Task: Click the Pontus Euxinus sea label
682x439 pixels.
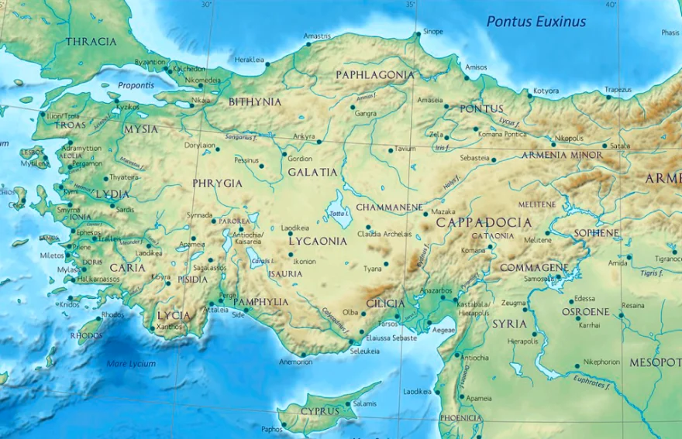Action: (x=536, y=21)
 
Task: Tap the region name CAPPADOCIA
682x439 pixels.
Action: (x=484, y=222)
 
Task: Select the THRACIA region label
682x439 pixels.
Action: (x=91, y=42)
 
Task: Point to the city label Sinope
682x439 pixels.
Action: (x=433, y=32)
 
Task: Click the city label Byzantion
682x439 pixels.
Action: (x=150, y=62)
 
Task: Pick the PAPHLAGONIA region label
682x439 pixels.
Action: (x=374, y=75)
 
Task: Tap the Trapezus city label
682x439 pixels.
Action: (x=618, y=90)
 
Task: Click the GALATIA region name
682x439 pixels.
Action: (x=313, y=172)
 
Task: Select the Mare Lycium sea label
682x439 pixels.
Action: (x=131, y=363)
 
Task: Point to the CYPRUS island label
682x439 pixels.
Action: (x=320, y=410)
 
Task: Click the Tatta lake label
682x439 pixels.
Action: (x=338, y=214)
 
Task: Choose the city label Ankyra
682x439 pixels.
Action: (x=304, y=137)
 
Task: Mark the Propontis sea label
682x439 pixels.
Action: (x=136, y=85)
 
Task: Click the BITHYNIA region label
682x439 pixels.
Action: (x=255, y=101)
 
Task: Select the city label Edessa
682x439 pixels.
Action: (x=584, y=299)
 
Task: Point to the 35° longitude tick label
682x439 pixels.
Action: (x=411, y=5)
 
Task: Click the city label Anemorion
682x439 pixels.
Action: (x=295, y=362)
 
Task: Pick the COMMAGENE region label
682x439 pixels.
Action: (x=534, y=267)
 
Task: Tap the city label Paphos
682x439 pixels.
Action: (x=271, y=429)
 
